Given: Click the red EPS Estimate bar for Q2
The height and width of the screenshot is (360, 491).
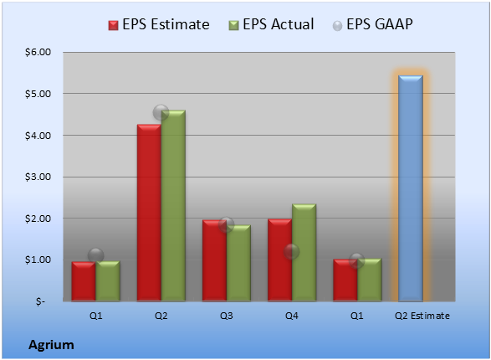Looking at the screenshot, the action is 149,213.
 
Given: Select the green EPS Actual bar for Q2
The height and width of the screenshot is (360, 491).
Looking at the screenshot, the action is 173,206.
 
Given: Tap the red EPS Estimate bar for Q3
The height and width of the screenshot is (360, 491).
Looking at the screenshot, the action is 214,260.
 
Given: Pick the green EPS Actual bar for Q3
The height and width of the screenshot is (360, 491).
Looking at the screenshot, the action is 238,263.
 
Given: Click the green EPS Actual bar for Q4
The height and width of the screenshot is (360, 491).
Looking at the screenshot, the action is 304,253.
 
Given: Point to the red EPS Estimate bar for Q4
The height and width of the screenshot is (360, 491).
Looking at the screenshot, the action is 280,260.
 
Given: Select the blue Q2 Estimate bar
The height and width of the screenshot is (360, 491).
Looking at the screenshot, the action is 411,188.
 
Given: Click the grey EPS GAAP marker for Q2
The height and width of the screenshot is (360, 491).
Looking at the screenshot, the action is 161,112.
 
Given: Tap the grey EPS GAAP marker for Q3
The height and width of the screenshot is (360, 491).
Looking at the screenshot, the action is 226,224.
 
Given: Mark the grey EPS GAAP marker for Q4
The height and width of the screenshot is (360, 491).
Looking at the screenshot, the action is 292,252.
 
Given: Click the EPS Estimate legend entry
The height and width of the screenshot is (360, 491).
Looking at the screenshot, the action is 159,24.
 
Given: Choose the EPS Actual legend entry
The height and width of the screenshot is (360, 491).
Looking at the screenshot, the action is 271,24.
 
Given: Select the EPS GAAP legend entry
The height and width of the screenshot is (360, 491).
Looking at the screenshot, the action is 372,24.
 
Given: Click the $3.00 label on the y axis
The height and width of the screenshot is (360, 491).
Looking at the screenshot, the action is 38,177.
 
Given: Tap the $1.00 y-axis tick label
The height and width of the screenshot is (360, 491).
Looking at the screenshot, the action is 38,260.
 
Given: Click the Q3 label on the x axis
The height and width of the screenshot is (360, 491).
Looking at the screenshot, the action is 227,316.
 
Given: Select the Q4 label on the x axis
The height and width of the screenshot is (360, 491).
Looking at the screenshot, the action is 292,316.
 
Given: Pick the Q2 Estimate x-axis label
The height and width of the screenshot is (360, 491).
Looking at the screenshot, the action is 422,316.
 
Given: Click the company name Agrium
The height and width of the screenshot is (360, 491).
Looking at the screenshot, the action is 51,345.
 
